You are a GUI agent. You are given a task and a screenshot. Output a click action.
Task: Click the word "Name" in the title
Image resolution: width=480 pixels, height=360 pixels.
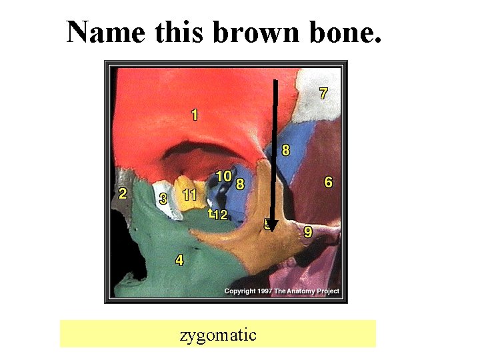pyautogui.click(x=106, y=31)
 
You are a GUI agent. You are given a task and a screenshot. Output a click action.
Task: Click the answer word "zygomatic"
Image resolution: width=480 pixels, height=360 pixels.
pyautogui.click(x=218, y=334)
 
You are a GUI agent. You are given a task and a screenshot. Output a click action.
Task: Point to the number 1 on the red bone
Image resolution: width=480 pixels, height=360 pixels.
pyautogui.click(x=194, y=115)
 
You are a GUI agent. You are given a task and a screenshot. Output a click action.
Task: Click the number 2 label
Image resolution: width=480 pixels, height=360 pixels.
pyautogui.click(x=122, y=194)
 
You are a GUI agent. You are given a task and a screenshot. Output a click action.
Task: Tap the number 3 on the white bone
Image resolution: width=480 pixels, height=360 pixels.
pyautogui.click(x=163, y=199)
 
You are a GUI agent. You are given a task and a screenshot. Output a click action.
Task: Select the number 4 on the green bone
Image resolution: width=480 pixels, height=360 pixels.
pyautogui.click(x=179, y=260)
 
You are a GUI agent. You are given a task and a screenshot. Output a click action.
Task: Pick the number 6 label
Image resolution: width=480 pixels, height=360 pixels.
pyautogui.click(x=328, y=181)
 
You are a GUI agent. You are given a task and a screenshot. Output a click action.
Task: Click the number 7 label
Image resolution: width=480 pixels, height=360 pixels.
pyautogui.click(x=323, y=94)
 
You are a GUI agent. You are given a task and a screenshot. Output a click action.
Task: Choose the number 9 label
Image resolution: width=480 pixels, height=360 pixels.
pyautogui.click(x=308, y=231)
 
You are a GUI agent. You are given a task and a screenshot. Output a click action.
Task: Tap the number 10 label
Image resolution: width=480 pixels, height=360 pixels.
pyautogui.click(x=223, y=176)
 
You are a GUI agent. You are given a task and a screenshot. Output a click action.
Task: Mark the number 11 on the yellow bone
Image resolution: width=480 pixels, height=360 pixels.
pyautogui.click(x=190, y=195)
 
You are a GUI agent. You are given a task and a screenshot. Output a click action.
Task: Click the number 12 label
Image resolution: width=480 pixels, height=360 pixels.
pyautogui.click(x=220, y=215)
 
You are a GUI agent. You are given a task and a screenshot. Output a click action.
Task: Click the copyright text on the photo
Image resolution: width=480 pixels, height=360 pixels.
pyautogui.click(x=281, y=291)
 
